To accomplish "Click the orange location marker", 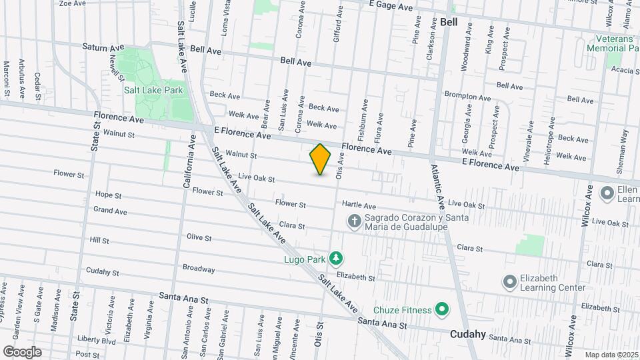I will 320,159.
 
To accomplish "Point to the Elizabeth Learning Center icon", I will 510,282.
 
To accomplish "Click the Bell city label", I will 449,22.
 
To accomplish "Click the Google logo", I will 22,351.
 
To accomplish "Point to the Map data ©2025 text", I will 609,355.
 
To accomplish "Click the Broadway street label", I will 199,269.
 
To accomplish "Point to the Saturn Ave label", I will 103,47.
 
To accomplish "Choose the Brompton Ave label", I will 467,96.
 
